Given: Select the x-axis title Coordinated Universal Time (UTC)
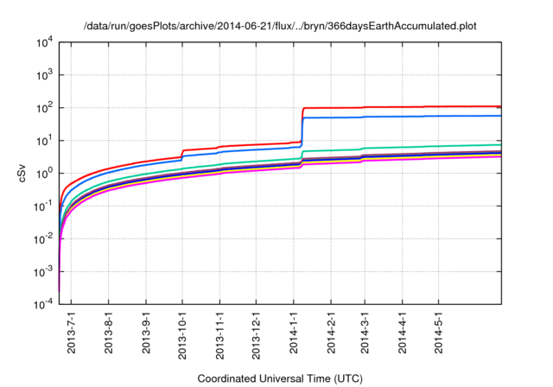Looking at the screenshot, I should pyautogui.click(x=279, y=378).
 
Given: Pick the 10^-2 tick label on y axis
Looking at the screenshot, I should pyautogui.click(x=44, y=239).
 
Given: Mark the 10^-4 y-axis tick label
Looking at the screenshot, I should pyautogui.click(x=44, y=305).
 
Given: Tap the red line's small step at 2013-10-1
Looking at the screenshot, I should pyautogui.click(x=182, y=154).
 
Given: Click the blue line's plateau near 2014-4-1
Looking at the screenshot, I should pyautogui.click(x=402, y=116).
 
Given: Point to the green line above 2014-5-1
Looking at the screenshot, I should pyautogui.click(x=438, y=146).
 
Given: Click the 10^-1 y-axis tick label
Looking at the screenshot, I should pyautogui.click(x=44, y=206).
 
